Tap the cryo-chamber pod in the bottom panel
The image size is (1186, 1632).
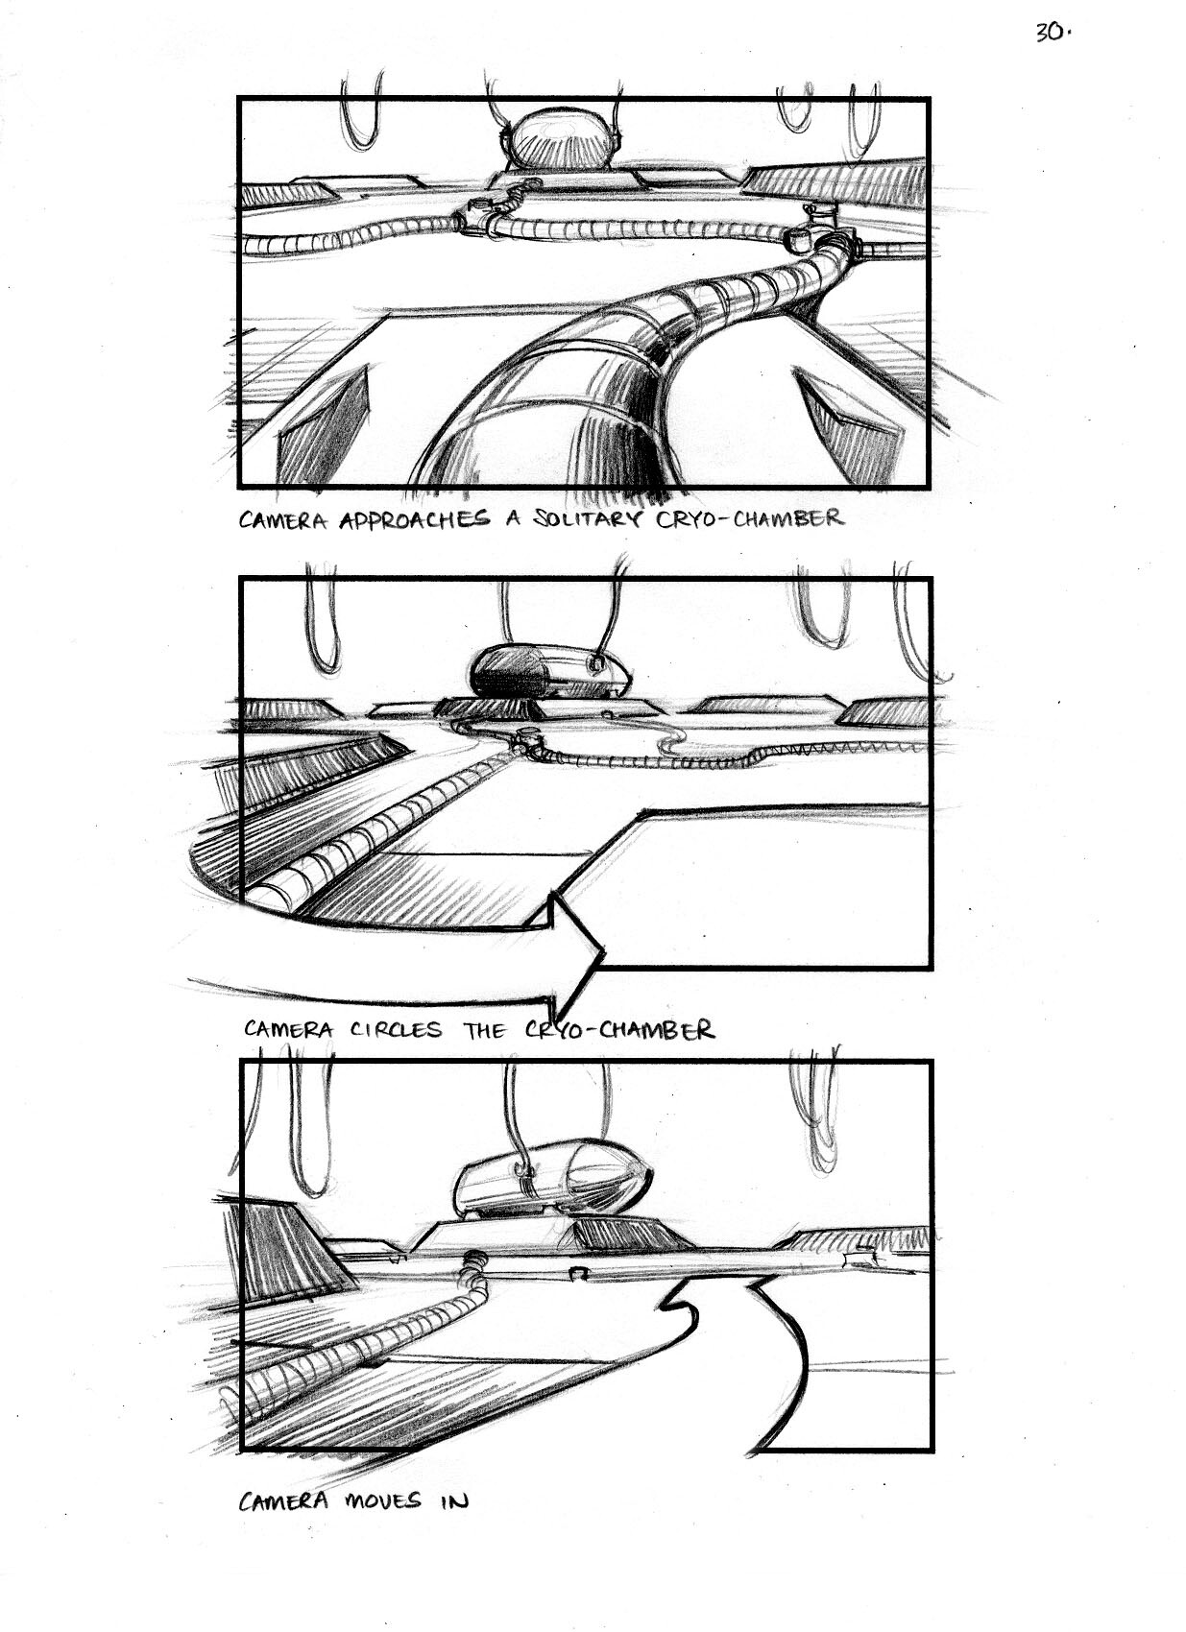552,1187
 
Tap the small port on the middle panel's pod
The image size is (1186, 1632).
594,663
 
